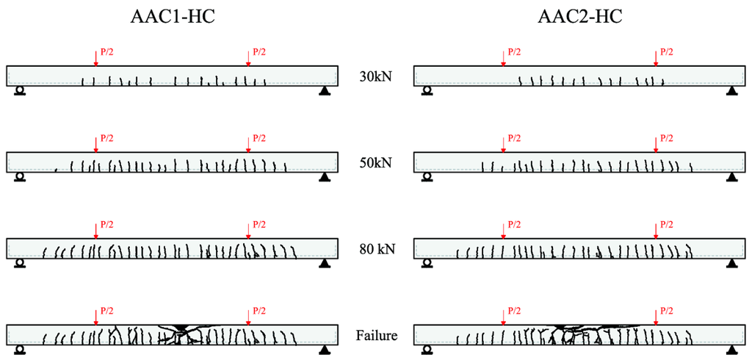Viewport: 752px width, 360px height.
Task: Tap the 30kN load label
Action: point(375,76)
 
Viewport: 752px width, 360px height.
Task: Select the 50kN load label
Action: point(375,162)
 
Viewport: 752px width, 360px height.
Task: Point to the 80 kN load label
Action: point(375,249)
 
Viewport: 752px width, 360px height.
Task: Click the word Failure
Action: point(376,336)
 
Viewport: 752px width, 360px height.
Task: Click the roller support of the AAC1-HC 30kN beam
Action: point(20,91)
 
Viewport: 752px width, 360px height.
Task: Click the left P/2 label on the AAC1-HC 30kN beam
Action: point(106,51)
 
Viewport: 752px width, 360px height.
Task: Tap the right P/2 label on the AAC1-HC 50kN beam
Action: point(259,137)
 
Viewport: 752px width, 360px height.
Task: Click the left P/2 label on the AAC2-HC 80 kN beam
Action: point(514,224)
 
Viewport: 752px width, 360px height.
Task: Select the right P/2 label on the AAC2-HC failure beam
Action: point(667,311)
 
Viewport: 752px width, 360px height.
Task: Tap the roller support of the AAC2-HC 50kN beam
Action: point(427,177)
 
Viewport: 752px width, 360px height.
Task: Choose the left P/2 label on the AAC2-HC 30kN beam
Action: point(514,51)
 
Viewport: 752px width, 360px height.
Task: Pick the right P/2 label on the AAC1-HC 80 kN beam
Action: point(259,224)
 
